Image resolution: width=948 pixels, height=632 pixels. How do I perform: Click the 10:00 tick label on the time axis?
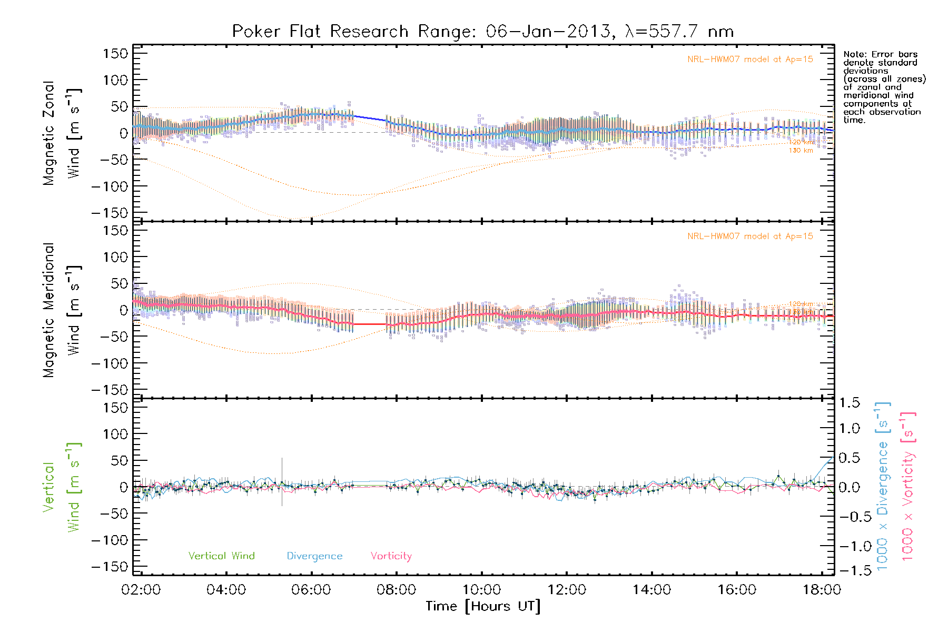[481, 590]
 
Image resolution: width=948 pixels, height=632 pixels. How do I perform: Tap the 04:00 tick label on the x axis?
[226, 590]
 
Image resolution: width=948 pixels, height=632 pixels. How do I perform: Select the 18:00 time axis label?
[822, 590]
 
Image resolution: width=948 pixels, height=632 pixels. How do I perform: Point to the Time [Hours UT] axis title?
[483, 606]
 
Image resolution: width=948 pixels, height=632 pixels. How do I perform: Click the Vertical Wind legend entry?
[221, 556]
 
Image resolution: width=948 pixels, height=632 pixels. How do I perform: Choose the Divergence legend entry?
[314, 556]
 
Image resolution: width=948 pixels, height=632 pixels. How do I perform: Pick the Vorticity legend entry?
[391, 556]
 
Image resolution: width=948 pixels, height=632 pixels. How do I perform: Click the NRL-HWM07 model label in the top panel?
[750, 60]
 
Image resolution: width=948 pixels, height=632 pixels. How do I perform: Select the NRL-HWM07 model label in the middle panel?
[750, 236]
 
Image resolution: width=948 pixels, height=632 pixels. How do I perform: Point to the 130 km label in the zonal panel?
[801, 151]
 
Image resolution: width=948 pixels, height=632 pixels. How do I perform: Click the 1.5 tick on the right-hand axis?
[849, 403]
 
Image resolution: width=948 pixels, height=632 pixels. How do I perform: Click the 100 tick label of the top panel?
[116, 80]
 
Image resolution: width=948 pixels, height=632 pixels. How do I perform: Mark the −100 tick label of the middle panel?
[110, 363]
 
